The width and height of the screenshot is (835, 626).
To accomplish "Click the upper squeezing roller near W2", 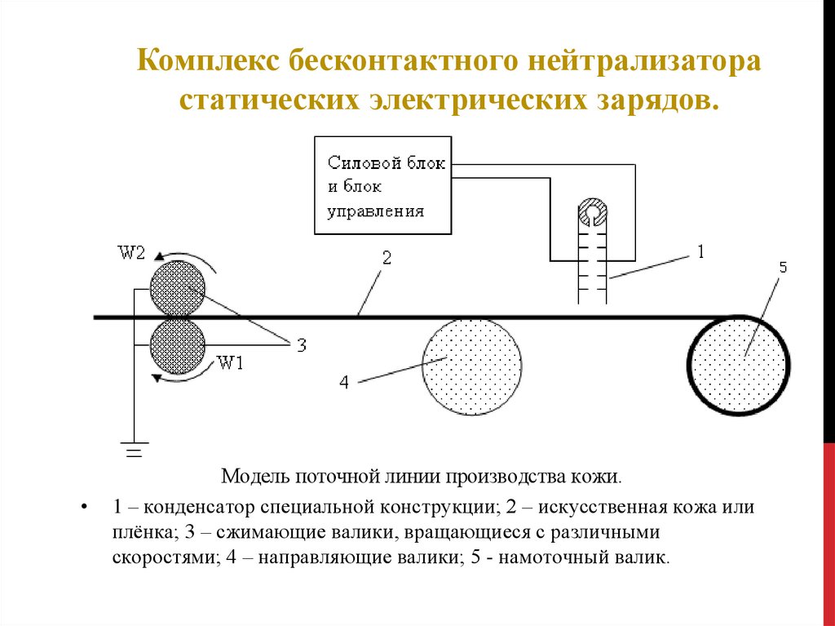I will coord(178,288).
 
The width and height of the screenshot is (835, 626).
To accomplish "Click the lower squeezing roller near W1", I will coord(178,346).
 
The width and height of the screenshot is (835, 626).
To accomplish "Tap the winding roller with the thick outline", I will coord(739,364).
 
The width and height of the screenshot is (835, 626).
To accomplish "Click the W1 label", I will coord(231,364).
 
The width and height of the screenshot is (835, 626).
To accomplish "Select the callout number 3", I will coord(301,346).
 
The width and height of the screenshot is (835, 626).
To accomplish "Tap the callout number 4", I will coord(343,382).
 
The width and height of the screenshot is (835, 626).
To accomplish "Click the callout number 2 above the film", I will coord(387,258).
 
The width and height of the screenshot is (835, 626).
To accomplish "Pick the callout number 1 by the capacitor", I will coord(699,252).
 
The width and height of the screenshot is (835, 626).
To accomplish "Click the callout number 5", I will coord(782,268).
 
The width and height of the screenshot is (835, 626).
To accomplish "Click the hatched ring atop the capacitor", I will coord(591,214).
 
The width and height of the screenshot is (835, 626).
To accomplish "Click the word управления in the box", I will coord(375,211).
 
